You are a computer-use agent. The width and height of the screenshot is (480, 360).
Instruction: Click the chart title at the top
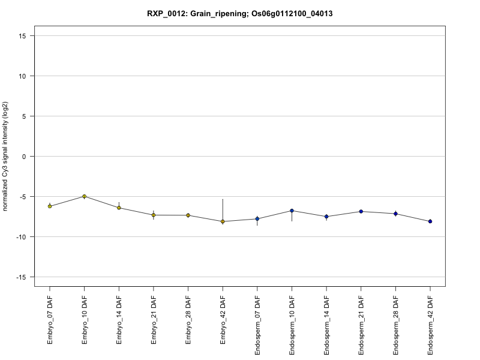pos(239,13)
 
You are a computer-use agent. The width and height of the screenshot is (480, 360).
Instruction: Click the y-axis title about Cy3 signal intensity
pos(5,157)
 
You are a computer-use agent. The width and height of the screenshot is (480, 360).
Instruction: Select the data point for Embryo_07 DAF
pos(50,206)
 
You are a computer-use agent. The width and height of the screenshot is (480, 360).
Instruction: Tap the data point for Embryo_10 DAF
pos(85,196)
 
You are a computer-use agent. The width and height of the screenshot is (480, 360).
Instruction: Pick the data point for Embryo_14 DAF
pos(119,208)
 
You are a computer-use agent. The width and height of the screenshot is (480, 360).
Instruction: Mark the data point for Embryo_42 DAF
pos(223,221)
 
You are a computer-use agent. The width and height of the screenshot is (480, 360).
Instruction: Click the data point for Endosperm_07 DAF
pos(257,219)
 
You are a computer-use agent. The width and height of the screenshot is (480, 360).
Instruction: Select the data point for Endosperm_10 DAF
pos(292,211)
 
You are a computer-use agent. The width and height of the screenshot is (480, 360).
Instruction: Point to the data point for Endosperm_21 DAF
pos(361,211)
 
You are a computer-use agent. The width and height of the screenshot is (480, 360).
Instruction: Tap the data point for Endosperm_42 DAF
pos(430,221)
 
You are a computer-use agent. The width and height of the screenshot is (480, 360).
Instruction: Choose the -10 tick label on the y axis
pos(23,237)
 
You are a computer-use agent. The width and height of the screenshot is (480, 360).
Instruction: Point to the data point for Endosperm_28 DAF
pos(395,214)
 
